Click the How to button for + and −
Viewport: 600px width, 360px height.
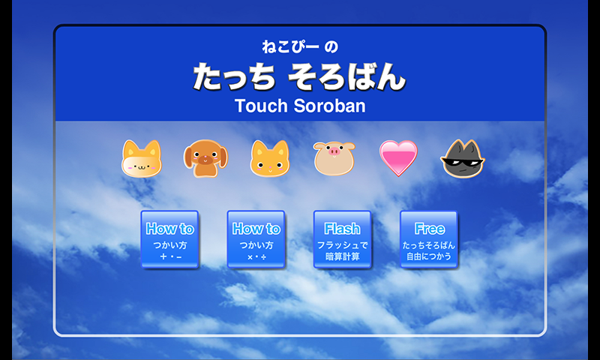click(169, 239)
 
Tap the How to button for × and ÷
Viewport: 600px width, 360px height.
click(256, 239)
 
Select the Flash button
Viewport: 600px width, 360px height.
click(343, 239)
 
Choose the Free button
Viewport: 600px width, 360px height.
click(429, 239)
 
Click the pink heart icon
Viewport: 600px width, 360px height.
click(398, 157)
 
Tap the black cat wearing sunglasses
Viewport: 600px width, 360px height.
click(463, 158)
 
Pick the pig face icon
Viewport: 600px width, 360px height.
click(334, 158)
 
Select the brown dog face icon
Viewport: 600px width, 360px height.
click(205, 158)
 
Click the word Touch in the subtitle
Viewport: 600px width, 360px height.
click(261, 106)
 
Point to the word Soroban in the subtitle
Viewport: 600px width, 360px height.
click(329, 106)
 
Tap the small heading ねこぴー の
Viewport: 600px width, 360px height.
click(300, 46)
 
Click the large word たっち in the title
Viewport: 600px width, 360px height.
click(234, 76)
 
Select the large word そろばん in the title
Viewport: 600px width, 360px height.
click(346, 76)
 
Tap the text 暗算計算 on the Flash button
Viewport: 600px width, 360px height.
click(343, 256)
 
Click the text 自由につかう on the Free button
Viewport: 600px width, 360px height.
click(429, 256)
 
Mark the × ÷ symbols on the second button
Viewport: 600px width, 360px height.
click(256, 257)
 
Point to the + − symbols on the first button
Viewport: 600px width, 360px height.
click(170, 256)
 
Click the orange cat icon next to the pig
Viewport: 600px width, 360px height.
click(270, 158)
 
